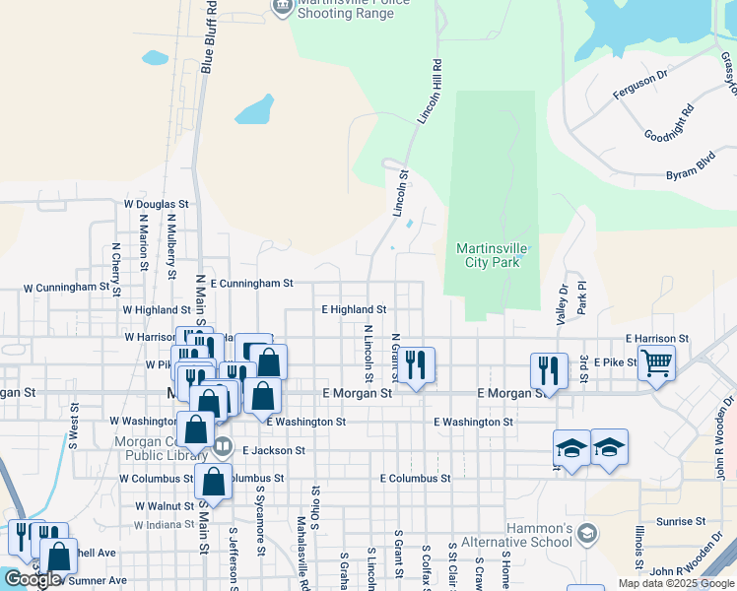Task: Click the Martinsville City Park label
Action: pyautogui.click(x=493, y=255)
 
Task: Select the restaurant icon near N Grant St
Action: pyautogui.click(x=416, y=365)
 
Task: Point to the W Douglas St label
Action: pyautogui.click(x=156, y=204)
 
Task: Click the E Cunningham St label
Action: pyautogui.click(x=251, y=283)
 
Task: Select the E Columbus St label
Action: pyautogui.click(x=415, y=478)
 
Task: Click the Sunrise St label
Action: pyautogui.click(x=683, y=520)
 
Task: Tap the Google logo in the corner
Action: pyautogui.click(x=33, y=579)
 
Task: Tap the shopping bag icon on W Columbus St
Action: pyautogui.click(x=213, y=482)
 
